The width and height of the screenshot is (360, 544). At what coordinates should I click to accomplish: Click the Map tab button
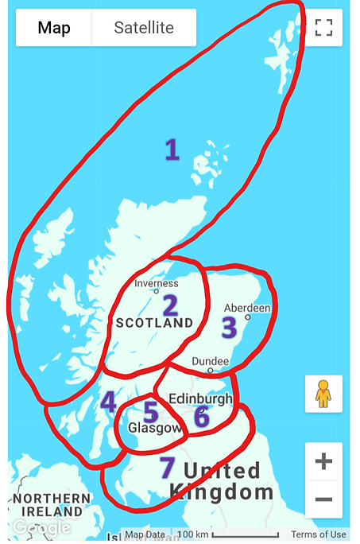[54, 28]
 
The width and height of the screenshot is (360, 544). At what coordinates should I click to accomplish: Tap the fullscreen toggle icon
[323, 28]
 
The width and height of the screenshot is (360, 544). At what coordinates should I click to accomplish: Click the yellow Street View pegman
[323, 394]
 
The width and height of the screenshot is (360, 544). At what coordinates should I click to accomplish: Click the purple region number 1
[171, 150]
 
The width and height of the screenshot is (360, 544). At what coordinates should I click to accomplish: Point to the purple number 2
[169, 305]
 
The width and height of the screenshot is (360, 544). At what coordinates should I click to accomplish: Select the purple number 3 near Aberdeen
[229, 327]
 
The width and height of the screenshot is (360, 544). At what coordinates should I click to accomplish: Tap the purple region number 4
[108, 402]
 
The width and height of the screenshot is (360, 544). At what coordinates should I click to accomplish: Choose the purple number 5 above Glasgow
[150, 412]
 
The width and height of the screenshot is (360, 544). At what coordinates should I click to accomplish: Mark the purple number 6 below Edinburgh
[202, 416]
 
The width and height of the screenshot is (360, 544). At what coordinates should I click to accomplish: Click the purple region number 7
[166, 468]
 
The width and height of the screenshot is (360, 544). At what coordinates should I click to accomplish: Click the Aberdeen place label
[247, 308]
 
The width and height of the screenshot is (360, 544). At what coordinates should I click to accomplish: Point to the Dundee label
[211, 362]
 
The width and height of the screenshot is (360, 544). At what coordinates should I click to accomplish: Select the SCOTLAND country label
[154, 323]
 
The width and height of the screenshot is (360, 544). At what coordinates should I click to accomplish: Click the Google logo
[41, 527]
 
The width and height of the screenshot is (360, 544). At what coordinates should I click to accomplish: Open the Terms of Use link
[318, 534]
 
